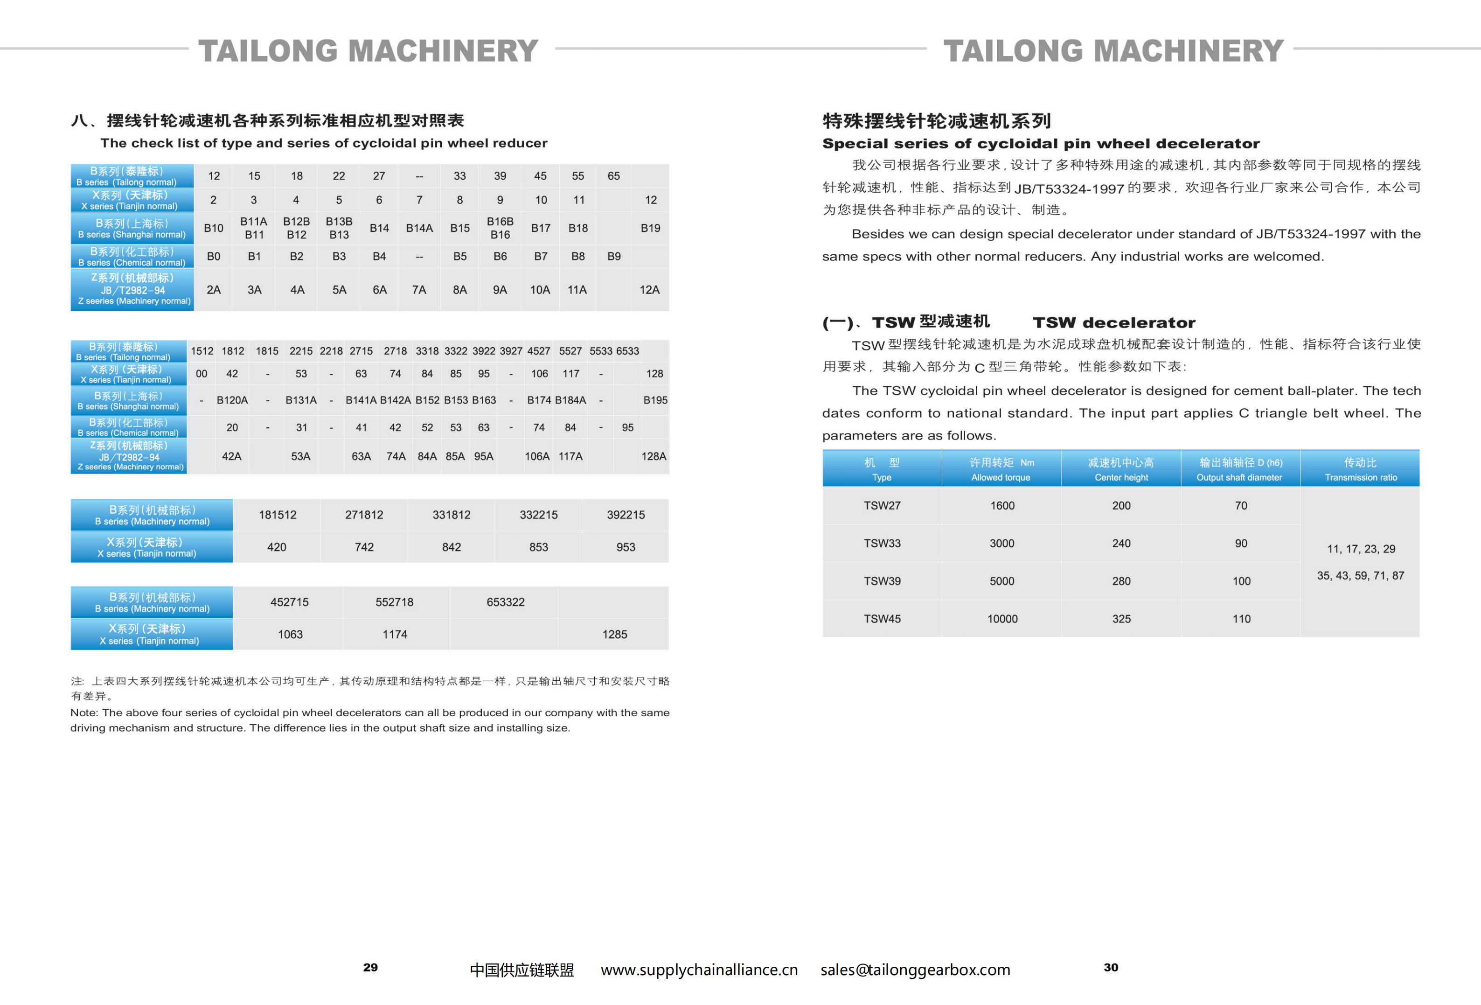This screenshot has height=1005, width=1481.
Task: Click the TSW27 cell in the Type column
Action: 882,505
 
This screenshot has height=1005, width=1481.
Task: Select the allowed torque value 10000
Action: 1002,619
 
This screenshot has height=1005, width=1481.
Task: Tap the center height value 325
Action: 1121,619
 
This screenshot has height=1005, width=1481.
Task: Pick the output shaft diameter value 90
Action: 1241,544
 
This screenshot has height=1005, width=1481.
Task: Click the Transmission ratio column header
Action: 1361,469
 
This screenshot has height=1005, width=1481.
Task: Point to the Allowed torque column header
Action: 1001,469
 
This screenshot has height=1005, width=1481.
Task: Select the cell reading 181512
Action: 277,515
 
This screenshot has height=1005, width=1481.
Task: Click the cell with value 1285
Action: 614,634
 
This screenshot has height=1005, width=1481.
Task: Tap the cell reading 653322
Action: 505,602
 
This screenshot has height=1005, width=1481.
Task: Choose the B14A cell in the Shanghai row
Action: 419,228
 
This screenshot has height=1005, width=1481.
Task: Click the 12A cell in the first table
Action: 649,290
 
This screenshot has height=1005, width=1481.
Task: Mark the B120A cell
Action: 232,400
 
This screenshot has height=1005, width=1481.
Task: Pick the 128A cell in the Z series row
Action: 654,456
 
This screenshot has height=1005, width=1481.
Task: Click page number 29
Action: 370,967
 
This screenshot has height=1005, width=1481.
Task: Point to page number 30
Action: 1111,967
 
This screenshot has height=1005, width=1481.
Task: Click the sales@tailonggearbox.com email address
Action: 915,970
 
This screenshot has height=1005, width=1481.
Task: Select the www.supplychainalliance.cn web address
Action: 699,970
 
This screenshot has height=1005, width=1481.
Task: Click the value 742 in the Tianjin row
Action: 364,547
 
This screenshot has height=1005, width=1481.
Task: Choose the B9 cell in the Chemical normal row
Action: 614,256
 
